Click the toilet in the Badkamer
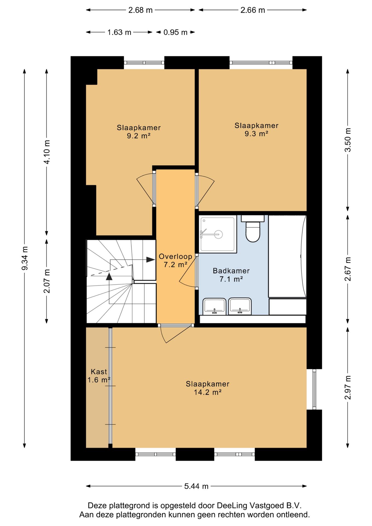253,229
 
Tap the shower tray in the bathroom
218,234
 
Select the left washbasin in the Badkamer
214,307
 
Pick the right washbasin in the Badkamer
240,306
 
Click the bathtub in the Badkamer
287,256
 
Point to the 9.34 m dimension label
25,258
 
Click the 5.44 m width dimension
196,486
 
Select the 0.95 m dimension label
175,32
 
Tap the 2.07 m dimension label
47,281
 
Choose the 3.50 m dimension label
348,140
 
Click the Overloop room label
176,256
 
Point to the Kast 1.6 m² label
99,376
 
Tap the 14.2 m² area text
208,392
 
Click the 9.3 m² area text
256,134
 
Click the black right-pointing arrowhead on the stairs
151,259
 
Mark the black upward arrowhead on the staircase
109,276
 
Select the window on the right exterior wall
314,389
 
